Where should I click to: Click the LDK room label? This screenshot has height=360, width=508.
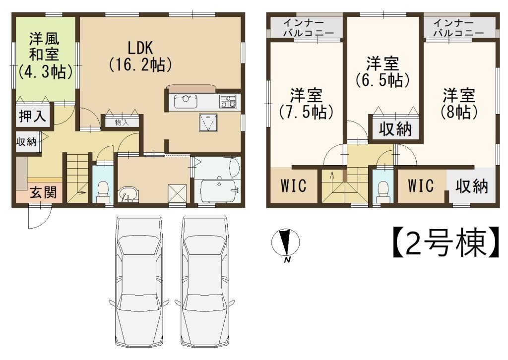(x=140, y=57)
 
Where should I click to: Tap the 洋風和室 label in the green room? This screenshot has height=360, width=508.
(x=45, y=56)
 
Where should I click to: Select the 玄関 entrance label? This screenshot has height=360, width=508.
(x=43, y=192)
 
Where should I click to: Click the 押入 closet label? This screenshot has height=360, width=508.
(x=32, y=116)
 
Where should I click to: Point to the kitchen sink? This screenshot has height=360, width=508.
(x=186, y=102)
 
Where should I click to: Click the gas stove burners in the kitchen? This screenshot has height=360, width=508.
(x=228, y=101)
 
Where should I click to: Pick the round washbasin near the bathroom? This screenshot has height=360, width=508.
(x=128, y=194)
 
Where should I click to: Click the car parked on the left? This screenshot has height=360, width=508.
(x=138, y=281)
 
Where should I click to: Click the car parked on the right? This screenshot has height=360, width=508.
(x=205, y=281)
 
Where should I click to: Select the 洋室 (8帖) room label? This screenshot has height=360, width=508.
(x=459, y=103)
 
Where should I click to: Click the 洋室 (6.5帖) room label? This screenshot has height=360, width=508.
(x=382, y=72)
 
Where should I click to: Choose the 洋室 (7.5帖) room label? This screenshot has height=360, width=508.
(x=306, y=103)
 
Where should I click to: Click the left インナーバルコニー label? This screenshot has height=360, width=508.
(x=305, y=28)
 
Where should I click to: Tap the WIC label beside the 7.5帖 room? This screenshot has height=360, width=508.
(x=293, y=185)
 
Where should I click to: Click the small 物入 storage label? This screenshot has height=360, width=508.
(x=122, y=122)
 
